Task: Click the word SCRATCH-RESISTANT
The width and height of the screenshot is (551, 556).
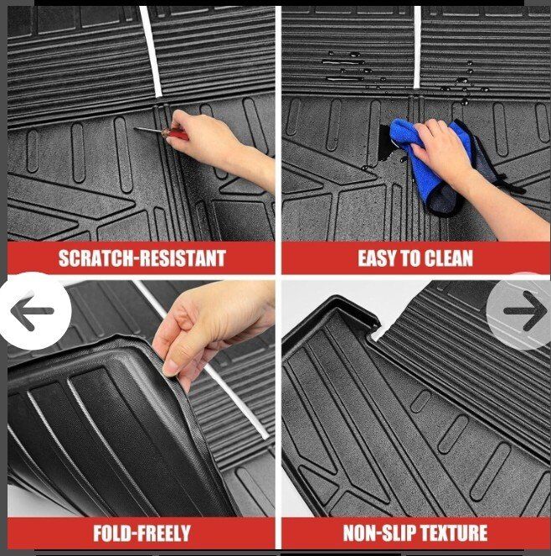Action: pyautogui.click(x=142, y=258)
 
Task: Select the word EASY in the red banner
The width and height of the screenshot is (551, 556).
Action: pyautogui.click(x=377, y=258)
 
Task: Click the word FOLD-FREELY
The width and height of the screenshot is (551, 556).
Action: pyautogui.click(x=142, y=533)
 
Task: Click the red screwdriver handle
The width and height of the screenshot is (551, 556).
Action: pyautogui.click(x=175, y=134)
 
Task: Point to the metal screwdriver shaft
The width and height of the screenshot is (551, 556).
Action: pyautogui.click(x=148, y=130)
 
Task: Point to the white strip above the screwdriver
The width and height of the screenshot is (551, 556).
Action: pyautogui.click(x=151, y=51)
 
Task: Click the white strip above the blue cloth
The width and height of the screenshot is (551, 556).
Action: pyautogui.click(x=417, y=47)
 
